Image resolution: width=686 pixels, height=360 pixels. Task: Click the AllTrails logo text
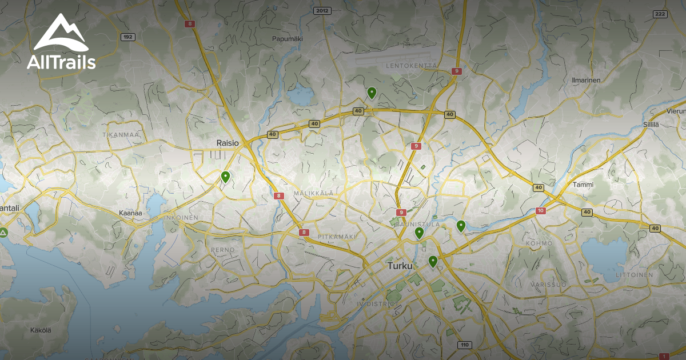point(61,62)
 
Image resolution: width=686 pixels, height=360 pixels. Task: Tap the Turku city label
point(399,266)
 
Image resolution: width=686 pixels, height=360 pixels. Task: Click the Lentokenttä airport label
point(411,66)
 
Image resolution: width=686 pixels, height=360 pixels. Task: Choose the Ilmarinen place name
point(586,80)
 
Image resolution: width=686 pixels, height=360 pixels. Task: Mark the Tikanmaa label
point(121,135)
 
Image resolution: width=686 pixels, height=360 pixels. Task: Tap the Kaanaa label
point(130,213)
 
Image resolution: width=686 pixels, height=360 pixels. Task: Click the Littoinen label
point(634,275)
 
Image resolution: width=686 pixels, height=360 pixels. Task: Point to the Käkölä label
point(41,330)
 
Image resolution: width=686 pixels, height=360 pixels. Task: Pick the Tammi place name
point(583,185)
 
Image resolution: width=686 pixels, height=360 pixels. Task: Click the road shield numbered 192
point(128,37)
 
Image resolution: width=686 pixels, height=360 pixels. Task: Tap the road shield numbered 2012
point(322,10)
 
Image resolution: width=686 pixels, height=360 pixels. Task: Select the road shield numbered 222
point(660,14)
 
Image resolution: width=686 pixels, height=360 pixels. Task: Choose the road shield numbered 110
point(464,345)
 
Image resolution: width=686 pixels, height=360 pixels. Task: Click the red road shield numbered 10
point(541,211)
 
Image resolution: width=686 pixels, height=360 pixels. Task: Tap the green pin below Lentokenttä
point(372,92)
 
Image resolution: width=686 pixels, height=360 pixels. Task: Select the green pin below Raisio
point(225,177)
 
